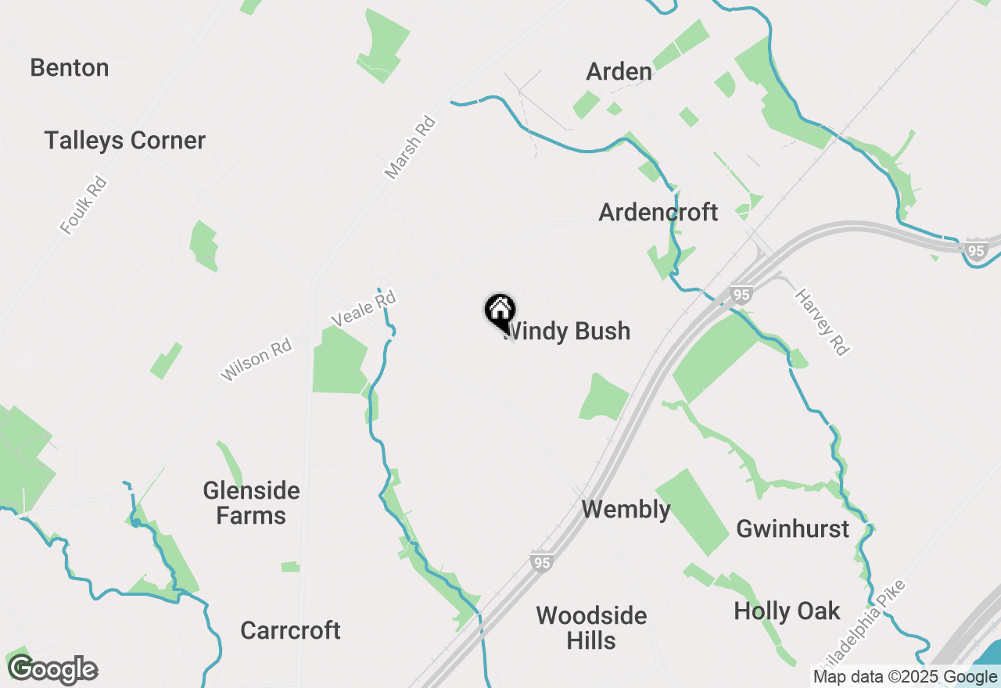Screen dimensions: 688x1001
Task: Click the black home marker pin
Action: [499, 312]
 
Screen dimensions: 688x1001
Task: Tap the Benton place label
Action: [70, 68]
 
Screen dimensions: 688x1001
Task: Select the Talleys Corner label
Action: [125, 141]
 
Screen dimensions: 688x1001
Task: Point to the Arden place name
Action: [619, 72]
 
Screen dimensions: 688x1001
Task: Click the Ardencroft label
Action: [658, 212]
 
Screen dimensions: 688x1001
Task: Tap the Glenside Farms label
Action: [251, 503]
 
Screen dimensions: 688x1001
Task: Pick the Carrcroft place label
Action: [290, 630]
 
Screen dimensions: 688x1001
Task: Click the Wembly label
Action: [626, 510]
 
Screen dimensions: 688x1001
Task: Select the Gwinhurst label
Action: [792, 529]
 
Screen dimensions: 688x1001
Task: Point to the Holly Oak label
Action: [787, 611]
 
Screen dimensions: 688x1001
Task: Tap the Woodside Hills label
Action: [591, 628]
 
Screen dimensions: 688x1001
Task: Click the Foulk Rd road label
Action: [83, 206]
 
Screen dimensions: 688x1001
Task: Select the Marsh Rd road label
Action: [410, 148]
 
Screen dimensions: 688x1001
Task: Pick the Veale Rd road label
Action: [364, 309]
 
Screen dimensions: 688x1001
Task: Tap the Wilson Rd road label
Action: [256, 360]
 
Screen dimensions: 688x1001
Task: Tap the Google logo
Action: [53, 670]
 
